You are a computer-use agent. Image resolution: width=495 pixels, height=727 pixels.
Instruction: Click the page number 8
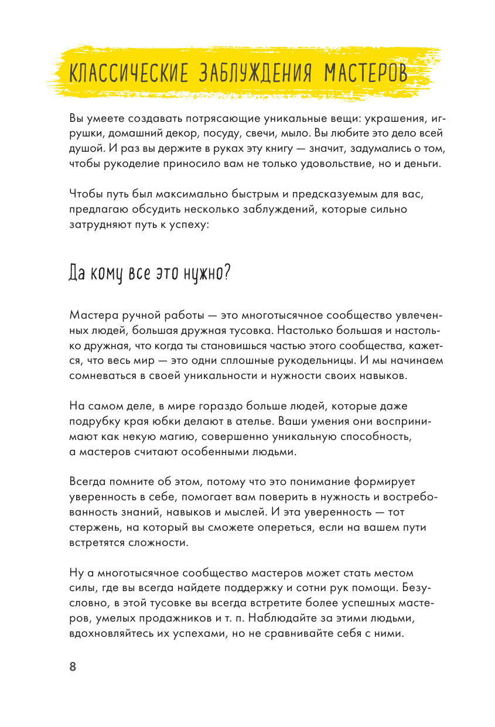pos(73,667)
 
